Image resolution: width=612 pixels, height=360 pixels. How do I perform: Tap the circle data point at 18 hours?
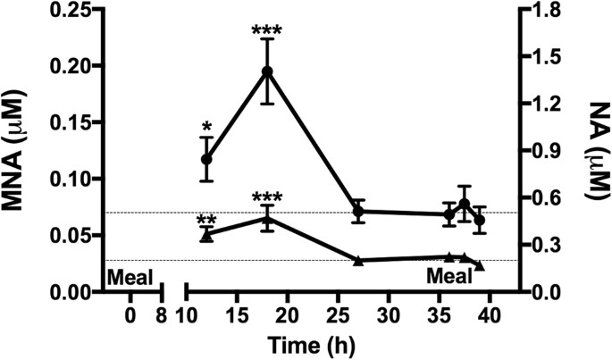tap(266, 71)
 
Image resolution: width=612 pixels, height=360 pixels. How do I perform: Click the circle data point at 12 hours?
tap(206, 159)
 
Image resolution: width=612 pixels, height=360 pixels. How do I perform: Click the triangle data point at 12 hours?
tap(206, 236)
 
